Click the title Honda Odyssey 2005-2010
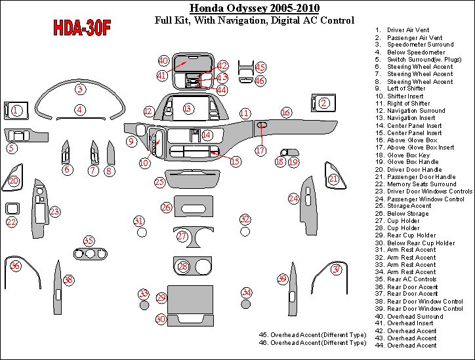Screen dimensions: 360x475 254,9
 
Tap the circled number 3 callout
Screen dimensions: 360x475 80,89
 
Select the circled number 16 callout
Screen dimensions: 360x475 286,113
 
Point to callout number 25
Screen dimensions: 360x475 160,182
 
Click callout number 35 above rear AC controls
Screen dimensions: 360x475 89,241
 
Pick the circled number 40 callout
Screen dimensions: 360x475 164,60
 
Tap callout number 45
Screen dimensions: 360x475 260,67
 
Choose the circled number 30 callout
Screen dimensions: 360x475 161,319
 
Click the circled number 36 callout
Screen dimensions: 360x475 15,266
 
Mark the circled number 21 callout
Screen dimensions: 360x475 333,178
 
